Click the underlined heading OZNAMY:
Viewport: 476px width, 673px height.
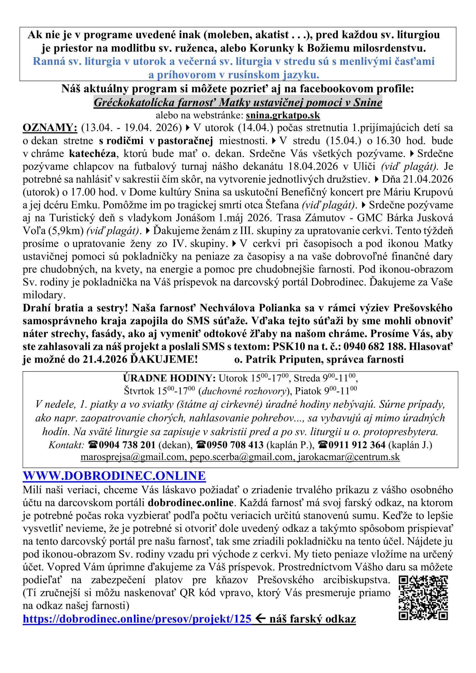click(x=50, y=128)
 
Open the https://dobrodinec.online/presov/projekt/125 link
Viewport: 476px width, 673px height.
click(x=137, y=619)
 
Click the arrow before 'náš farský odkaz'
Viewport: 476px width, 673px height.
click(x=260, y=618)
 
